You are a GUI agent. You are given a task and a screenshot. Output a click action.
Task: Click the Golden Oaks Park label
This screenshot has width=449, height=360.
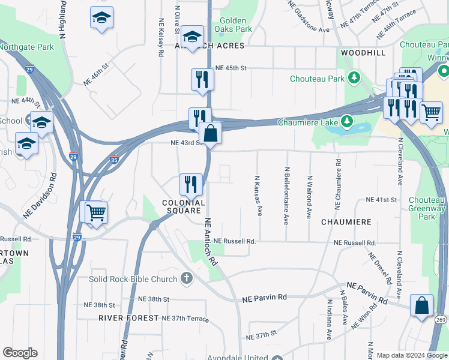click(x=236, y=25)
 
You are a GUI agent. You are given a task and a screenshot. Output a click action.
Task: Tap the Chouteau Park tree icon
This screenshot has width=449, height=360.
click(x=354, y=78)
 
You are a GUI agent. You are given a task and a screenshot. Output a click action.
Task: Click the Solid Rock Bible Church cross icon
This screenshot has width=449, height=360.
click(x=187, y=278)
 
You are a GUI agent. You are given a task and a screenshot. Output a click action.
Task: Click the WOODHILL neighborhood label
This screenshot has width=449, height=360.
click(x=363, y=53)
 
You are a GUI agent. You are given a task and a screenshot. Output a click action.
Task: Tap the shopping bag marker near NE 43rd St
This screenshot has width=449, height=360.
click(x=211, y=133)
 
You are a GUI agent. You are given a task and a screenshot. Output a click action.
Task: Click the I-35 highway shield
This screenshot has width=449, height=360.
click(x=115, y=160)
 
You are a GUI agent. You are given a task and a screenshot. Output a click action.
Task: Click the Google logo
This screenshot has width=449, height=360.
click(x=20, y=353)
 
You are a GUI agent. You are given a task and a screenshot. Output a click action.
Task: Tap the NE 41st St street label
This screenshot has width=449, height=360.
click(x=382, y=199)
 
